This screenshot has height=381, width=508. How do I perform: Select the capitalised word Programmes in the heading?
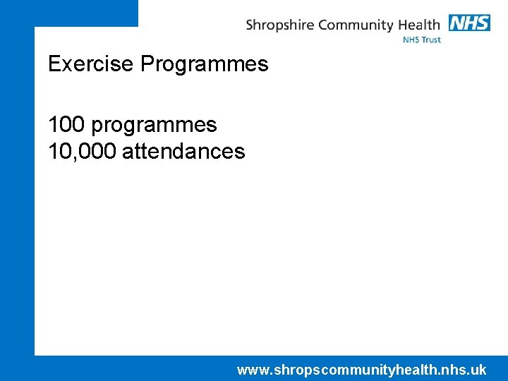click(204, 65)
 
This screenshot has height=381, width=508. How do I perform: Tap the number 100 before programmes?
click(67, 125)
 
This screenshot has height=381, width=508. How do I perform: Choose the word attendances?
click(183, 151)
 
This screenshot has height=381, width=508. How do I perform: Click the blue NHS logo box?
click(469, 23)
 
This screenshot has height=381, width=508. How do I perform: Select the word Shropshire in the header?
click(280, 25)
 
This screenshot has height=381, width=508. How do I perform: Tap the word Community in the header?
click(355, 25)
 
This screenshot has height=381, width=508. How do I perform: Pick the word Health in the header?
click(419, 25)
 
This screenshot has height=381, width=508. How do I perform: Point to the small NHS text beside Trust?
click(411, 40)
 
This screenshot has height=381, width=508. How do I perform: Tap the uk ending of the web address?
click(478, 370)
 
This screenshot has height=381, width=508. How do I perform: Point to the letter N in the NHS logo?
click(457, 23)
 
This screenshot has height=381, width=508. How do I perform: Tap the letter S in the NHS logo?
click(483, 23)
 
